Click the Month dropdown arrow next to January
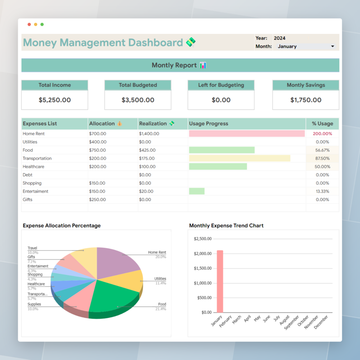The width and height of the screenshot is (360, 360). coord(332,47)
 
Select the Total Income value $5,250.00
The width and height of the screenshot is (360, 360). coord(54,100)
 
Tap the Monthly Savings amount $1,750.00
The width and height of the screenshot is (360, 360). coord(306,100)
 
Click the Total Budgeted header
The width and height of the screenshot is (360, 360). coord(138,85)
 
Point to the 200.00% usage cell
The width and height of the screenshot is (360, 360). coord(322,134)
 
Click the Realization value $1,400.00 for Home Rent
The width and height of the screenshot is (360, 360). coord(149,134)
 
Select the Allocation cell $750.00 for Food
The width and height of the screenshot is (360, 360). coord(97,150)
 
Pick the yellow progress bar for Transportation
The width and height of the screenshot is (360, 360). coord(239,158)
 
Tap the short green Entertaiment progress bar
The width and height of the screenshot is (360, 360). coord(197,191)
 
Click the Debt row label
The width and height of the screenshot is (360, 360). coord(28,175)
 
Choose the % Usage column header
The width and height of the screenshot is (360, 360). coord(322,124)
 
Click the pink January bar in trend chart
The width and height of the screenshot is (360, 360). coord(220,281)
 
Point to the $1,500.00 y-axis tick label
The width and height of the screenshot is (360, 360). coord(203,268)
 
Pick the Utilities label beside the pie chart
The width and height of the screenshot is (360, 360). coord(160,279)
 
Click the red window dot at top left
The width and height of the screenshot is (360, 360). coord(29,24)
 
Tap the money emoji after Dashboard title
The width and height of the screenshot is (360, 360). coord(191,42)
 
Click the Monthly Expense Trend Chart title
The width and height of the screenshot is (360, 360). coord(226,226)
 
